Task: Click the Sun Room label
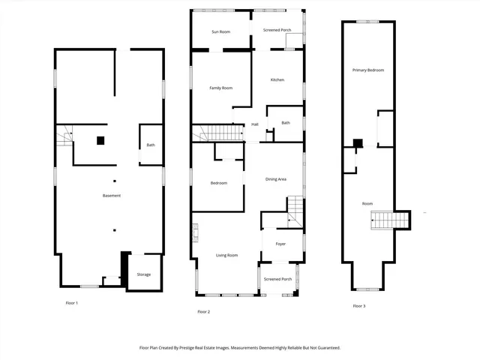tap(220, 31)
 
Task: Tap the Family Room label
tap(220, 88)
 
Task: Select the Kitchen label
tap(277, 79)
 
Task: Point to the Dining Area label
tap(276, 179)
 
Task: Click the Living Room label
tap(227, 255)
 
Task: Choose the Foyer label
tap(280, 244)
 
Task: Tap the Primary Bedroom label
tap(368, 70)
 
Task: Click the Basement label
tap(112, 196)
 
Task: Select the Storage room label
tap(143, 274)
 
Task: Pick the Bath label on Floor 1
tap(151, 145)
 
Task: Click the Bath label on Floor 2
tap(286, 123)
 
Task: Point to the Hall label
tap(255, 124)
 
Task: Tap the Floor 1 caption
tap(72, 303)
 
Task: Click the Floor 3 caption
tap(359, 306)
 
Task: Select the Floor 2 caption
tap(203, 311)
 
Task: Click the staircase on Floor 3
tap(390, 220)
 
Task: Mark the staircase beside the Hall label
tap(220, 133)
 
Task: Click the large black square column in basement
tap(100, 139)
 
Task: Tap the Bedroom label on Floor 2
tap(218, 183)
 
